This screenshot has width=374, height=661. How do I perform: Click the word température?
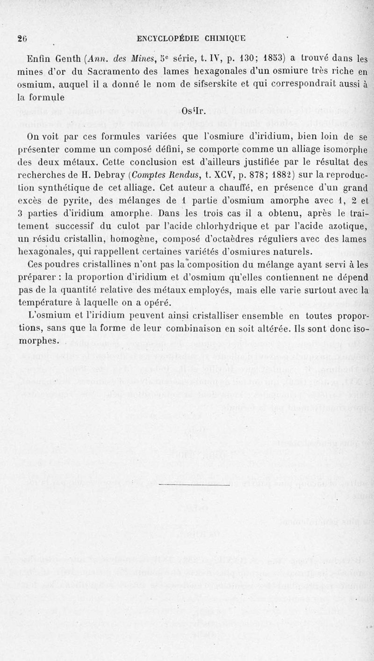(46, 302)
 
